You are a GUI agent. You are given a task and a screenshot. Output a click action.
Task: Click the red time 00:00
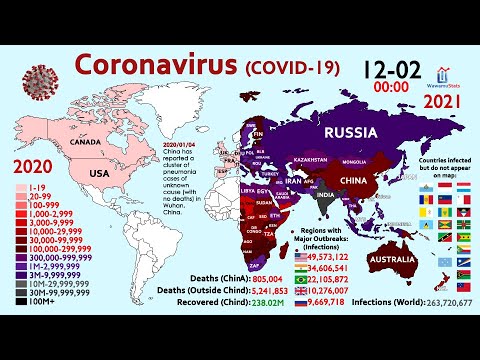397,88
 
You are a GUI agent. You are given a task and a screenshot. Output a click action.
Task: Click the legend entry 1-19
36,186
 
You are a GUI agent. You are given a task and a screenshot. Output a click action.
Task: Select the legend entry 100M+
38,298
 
